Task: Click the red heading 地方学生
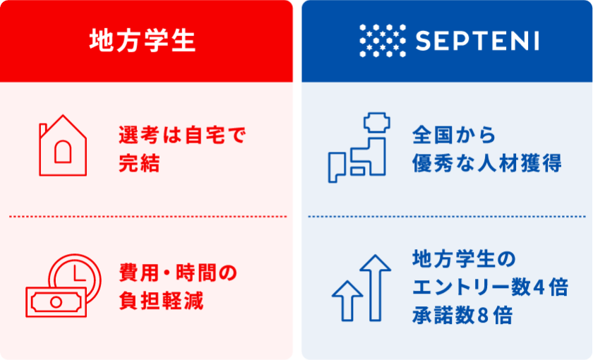[x=142, y=40]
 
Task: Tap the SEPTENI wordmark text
[x=477, y=40]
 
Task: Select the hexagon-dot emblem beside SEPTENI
[x=383, y=40]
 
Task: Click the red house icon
[x=63, y=145]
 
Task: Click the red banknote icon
[x=56, y=302]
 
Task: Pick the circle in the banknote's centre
[x=56, y=302]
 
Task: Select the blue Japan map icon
[x=359, y=148]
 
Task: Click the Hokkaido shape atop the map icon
[x=377, y=122]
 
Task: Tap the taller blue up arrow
[x=375, y=287]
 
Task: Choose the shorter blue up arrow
[x=347, y=301]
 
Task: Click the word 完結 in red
[x=139, y=163]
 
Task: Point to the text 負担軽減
[x=161, y=301]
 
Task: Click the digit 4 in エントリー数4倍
[x=539, y=288]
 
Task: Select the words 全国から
[x=454, y=135]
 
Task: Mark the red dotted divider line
[x=148, y=217]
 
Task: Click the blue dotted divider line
[x=447, y=217]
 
